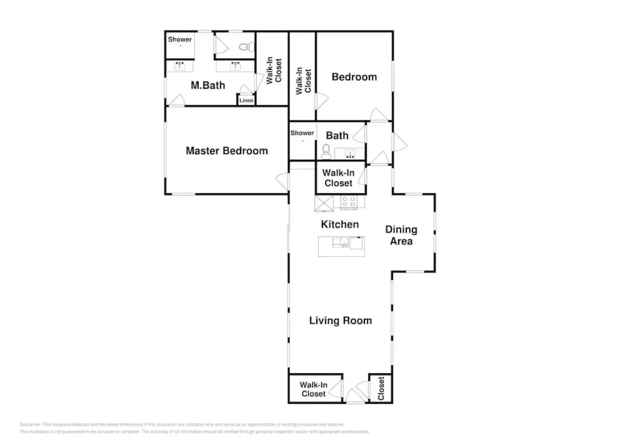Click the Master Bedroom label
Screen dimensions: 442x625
227,151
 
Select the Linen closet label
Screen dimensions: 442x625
246,100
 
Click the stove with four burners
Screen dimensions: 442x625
349,202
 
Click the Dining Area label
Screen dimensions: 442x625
401,235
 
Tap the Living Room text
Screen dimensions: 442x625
340,320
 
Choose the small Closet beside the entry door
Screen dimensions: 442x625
381,388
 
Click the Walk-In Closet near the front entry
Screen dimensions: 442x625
313,389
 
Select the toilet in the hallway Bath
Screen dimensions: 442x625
326,151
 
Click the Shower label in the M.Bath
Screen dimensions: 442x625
180,39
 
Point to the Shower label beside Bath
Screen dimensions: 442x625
302,133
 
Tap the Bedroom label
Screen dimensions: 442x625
354,77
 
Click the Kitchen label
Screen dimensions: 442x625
339,224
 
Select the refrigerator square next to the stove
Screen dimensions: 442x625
324,203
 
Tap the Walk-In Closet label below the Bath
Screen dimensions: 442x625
338,178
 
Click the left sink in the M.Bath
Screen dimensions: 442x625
180,66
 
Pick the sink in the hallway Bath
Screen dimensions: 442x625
349,154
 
